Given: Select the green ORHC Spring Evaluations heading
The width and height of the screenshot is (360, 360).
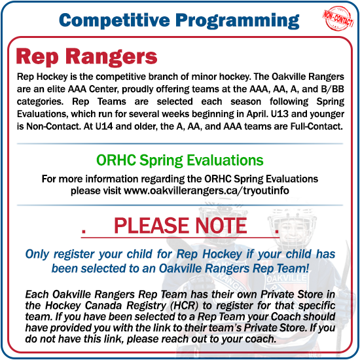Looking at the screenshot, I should pos(180,160).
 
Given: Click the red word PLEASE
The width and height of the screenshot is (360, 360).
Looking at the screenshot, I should pos(148,226).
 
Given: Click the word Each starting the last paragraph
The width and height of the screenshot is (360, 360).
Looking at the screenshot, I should pos(35,293).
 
